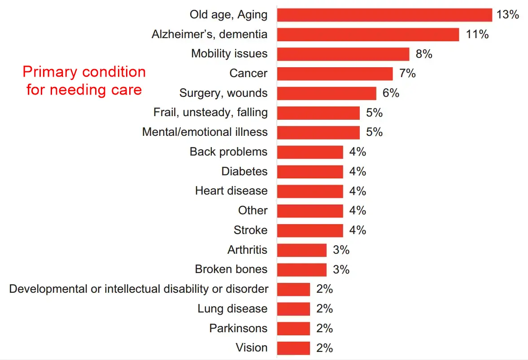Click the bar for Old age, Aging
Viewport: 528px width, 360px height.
tap(384, 15)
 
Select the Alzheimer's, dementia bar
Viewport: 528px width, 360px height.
tap(368, 35)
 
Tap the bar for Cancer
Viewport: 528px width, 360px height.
tap(335, 74)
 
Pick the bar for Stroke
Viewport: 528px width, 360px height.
tap(310, 230)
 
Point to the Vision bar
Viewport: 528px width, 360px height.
tap(293, 348)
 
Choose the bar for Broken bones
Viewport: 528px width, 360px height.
tap(301, 269)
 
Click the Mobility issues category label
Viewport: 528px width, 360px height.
tap(229, 54)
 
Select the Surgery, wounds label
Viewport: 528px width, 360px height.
tap(223, 93)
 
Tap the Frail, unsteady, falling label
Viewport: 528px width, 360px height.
tap(210, 113)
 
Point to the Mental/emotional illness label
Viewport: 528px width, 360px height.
tap(205, 132)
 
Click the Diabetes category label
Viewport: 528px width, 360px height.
tap(244, 171)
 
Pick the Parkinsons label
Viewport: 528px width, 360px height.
tap(238, 328)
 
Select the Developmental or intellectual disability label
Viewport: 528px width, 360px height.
tap(139, 289)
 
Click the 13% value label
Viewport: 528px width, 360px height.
tap(507, 15)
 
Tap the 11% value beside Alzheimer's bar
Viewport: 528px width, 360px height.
tap(477, 35)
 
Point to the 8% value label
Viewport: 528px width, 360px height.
tap(424, 54)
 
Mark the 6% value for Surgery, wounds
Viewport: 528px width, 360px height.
tap(391, 93)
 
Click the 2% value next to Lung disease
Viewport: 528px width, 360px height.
tap(324, 309)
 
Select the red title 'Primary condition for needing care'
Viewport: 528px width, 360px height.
tap(84, 81)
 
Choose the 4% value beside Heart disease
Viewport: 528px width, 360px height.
tap(358, 191)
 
